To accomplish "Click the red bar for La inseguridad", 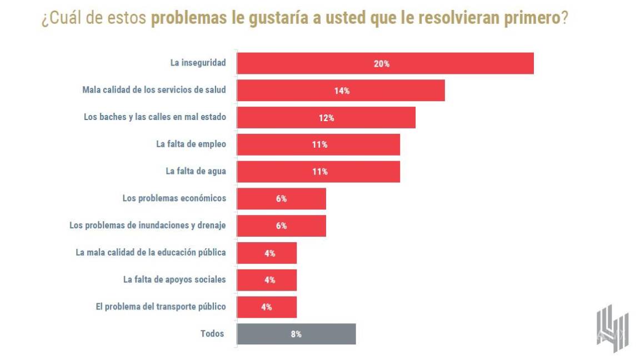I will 385,63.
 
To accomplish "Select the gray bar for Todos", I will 296,334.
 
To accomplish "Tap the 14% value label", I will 342,91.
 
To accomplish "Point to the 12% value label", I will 327,118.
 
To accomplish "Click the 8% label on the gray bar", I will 296,334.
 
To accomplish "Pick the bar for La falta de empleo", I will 318,144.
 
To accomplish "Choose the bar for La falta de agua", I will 318,172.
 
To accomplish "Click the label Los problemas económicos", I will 174,198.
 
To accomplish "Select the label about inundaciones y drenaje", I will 147,226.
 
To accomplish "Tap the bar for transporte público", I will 267,307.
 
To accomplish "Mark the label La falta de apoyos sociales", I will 174,279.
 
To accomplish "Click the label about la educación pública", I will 151,252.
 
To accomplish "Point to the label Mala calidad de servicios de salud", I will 154,90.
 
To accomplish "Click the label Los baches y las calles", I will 154,117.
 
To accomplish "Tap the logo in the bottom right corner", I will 612,328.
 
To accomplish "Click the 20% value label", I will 382,64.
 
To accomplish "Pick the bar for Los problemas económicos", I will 281,198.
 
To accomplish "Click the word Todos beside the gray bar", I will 212,333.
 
